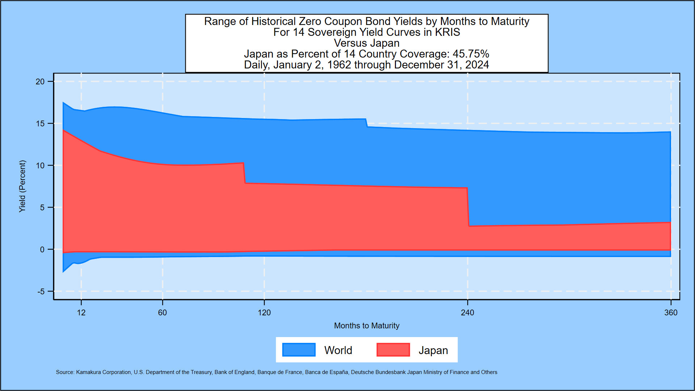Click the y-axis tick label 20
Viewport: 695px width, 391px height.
click(40, 81)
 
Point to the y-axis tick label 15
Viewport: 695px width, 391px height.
click(40, 123)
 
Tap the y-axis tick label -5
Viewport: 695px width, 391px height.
click(41, 291)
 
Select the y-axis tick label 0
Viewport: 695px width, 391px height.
click(42, 249)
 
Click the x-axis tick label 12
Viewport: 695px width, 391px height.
click(81, 312)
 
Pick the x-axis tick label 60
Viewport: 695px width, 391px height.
click(163, 312)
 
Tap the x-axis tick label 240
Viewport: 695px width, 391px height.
click(467, 312)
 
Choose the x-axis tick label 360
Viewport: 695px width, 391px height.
click(671, 312)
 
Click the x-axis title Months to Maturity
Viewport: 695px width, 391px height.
click(366, 325)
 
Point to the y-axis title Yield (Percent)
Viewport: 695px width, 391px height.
click(22, 186)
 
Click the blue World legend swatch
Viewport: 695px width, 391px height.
click(299, 350)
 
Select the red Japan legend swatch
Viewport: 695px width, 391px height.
click(393, 350)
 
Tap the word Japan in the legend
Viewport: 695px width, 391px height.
click(433, 350)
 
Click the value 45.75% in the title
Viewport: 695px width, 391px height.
click(471, 54)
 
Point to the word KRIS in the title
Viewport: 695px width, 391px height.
click(447, 32)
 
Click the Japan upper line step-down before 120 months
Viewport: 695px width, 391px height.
click(244, 173)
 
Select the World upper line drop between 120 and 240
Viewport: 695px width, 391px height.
click(366, 123)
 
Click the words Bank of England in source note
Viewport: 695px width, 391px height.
click(234, 372)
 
